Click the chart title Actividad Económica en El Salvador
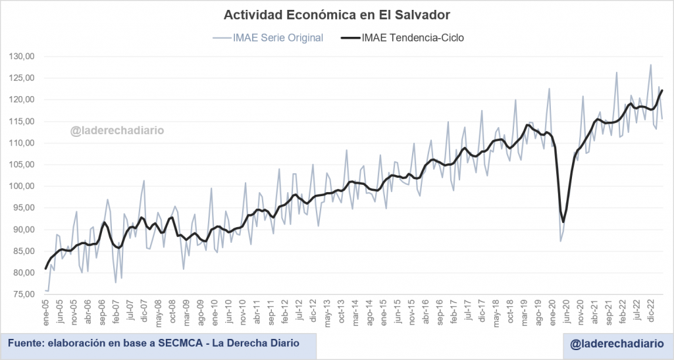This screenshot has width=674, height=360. point(336,14)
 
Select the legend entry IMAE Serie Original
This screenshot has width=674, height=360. point(278,38)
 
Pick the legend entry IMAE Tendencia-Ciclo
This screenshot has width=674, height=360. point(413,38)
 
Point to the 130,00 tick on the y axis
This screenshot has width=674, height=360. point(22,57)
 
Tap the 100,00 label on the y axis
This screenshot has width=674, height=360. point(22,186)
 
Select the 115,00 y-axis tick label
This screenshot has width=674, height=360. point(22,121)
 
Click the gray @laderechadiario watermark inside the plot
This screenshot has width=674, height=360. point(117,130)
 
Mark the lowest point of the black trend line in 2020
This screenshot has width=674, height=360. point(563,222)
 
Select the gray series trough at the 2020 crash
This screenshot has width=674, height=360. point(560,241)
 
